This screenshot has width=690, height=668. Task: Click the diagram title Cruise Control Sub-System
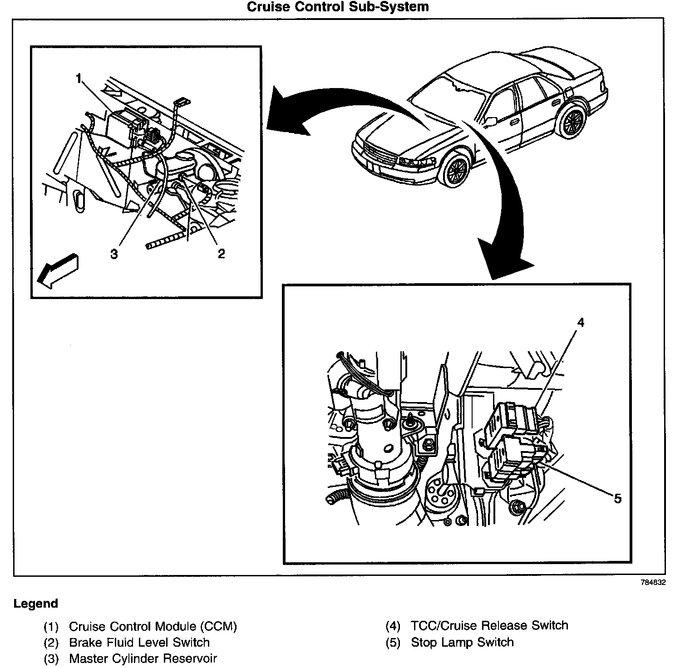click(x=337, y=7)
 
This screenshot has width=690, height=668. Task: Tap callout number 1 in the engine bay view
click(x=79, y=79)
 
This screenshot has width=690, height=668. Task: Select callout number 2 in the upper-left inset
click(x=221, y=253)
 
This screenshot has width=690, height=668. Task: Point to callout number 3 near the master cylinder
click(x=113, y=253)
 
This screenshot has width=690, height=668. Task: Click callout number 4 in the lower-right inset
click(x=581, y=322)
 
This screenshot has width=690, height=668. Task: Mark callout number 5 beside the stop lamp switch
click(x=617, y=499)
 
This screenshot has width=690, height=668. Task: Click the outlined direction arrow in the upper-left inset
click(x=57, y=271)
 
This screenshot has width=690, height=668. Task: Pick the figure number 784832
click(x=653, y=583)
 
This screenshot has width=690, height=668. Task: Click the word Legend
click(x=36, y=604)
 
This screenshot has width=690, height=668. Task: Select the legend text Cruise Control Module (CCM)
click(x=153, y=627)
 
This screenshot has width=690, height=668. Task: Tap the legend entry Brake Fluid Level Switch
click(x=139, y=642)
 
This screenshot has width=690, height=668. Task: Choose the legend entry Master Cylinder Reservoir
click(x=143, y=658)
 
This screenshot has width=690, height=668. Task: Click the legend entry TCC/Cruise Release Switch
click(x=489, y=625)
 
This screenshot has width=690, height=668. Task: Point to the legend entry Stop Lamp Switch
click(x=462, y=642)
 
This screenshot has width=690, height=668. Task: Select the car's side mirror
click(x=490, y=121)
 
